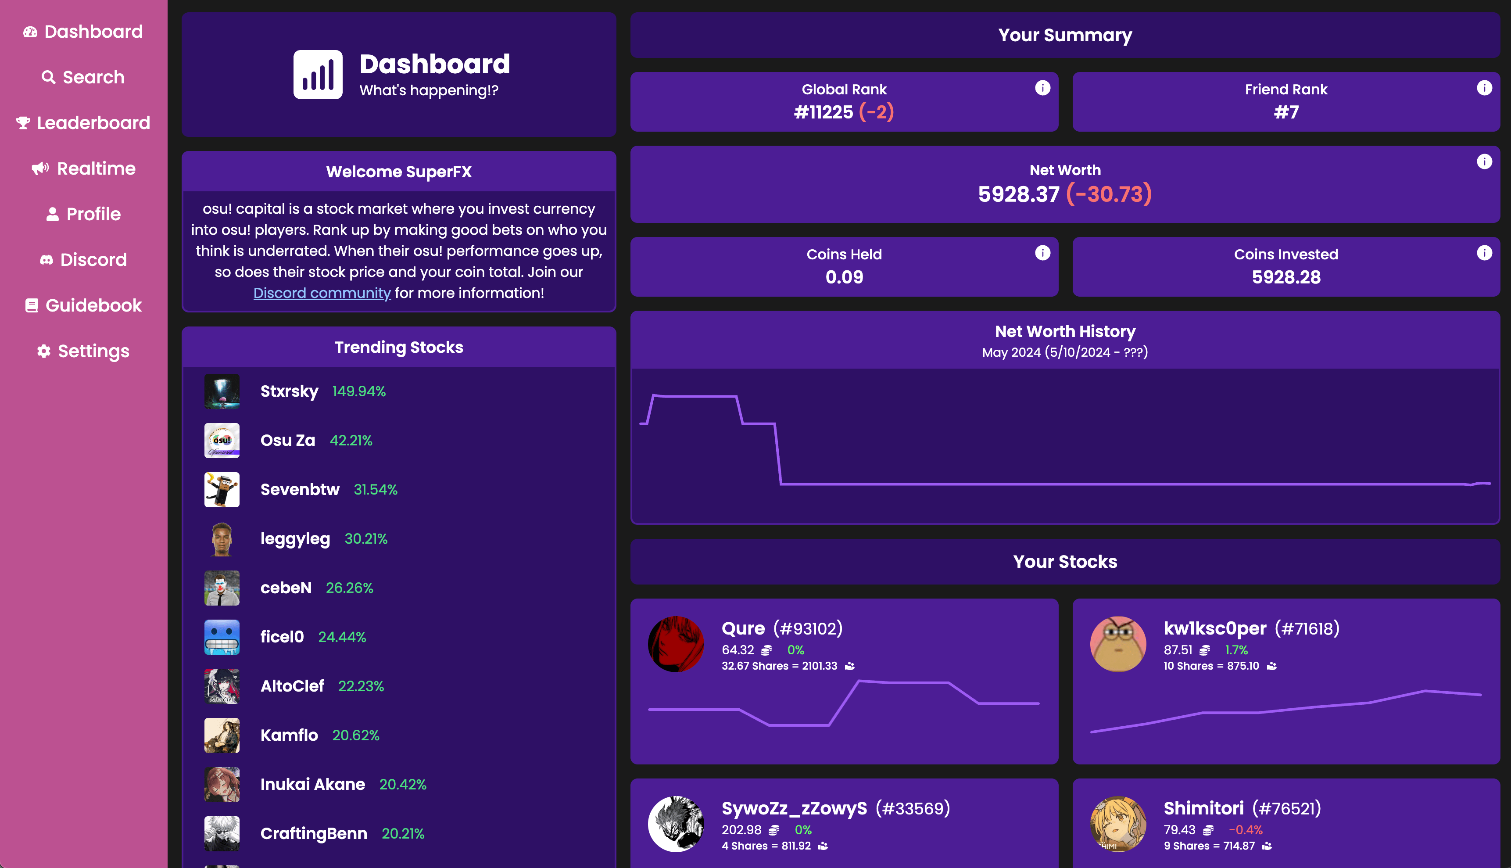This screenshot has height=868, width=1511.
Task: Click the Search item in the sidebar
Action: click(x=83, y=78)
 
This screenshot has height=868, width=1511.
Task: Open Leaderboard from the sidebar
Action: click(x=83, y=123)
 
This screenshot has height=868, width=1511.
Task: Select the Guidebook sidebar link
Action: click(x=83, y=305)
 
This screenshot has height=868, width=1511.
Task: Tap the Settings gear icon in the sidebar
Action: click(x=43, y=351)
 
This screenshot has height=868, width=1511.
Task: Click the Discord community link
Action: click(x=322, y=293)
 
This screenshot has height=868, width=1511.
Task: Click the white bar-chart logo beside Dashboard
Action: click(x=318, y=75)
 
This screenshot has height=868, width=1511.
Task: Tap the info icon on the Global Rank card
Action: click(x=1042, y=88)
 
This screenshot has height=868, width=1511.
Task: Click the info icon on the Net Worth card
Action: click(x=1484, y=161)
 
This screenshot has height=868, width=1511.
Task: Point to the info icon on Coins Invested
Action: click(x=1484, y=253)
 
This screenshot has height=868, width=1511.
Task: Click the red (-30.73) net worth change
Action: click(x=1109, y=194)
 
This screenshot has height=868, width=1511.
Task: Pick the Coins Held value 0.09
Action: click(x=844, y=277)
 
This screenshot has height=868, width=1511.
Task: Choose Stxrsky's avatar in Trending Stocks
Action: click(x=222, y=391)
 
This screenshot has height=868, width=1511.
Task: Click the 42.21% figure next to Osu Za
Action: click(x=351, y=441)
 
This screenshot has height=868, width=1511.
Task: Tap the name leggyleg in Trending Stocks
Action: click(x=295, y=539)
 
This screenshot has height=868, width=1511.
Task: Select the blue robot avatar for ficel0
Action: click(x=222, y=637)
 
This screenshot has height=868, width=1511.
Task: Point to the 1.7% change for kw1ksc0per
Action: click(x=1236, y=650)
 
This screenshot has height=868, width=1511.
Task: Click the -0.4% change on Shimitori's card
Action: click(x=1245, y=830)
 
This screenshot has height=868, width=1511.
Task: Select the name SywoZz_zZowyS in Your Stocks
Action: click(x=794, y=808)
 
